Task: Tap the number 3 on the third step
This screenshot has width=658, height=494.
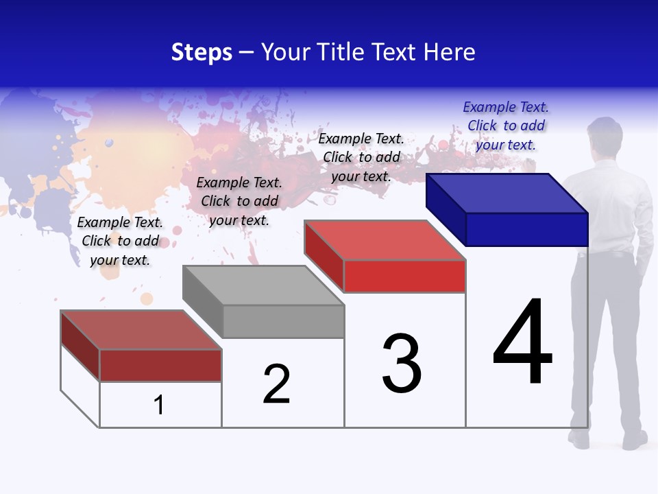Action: click(402, 363)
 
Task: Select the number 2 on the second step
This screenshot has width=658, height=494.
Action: click(276, 384)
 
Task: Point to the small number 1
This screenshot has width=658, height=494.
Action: click(159, 405)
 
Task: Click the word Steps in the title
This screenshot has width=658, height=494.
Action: click(202, 52)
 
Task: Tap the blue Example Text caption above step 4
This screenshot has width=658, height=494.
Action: click(506, 126)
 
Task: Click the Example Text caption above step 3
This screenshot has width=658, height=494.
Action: click(361, 157)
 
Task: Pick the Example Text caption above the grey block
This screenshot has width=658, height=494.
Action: click(239, 201)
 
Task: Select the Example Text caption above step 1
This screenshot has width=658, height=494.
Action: click(120, 241)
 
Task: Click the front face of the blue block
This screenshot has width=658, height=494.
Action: click(526, 229)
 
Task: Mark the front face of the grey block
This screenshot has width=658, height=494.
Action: click(283, 321)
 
